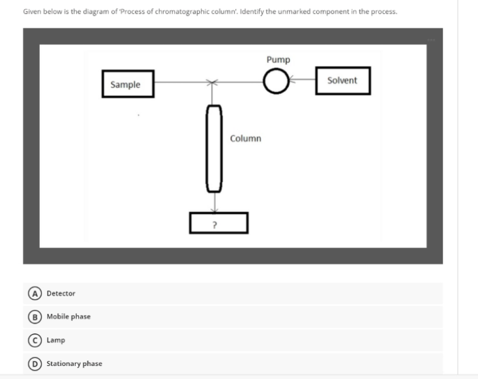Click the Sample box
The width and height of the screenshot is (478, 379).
click(x=128, y=84)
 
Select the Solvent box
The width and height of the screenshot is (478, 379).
click(x=343, y=80)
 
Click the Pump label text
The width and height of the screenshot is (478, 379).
click(x=278, y=60)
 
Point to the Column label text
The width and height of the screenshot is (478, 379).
click(x=245, y=138)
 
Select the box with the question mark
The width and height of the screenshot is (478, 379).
click(x=218, y=223)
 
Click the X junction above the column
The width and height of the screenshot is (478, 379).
click(x=211, y=83)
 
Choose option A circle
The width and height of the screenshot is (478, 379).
click(x=31, y=294)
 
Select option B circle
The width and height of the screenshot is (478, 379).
click(x=31, y=316)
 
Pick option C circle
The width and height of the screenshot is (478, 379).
click(x=31, y=340)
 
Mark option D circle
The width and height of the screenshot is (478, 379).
click(x=31, y=363)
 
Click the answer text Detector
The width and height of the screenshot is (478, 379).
click(x=61, y=294)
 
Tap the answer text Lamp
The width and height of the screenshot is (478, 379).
click(x=55, y=340)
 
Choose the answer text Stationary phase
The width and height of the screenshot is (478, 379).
click(x=74, y=363)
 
